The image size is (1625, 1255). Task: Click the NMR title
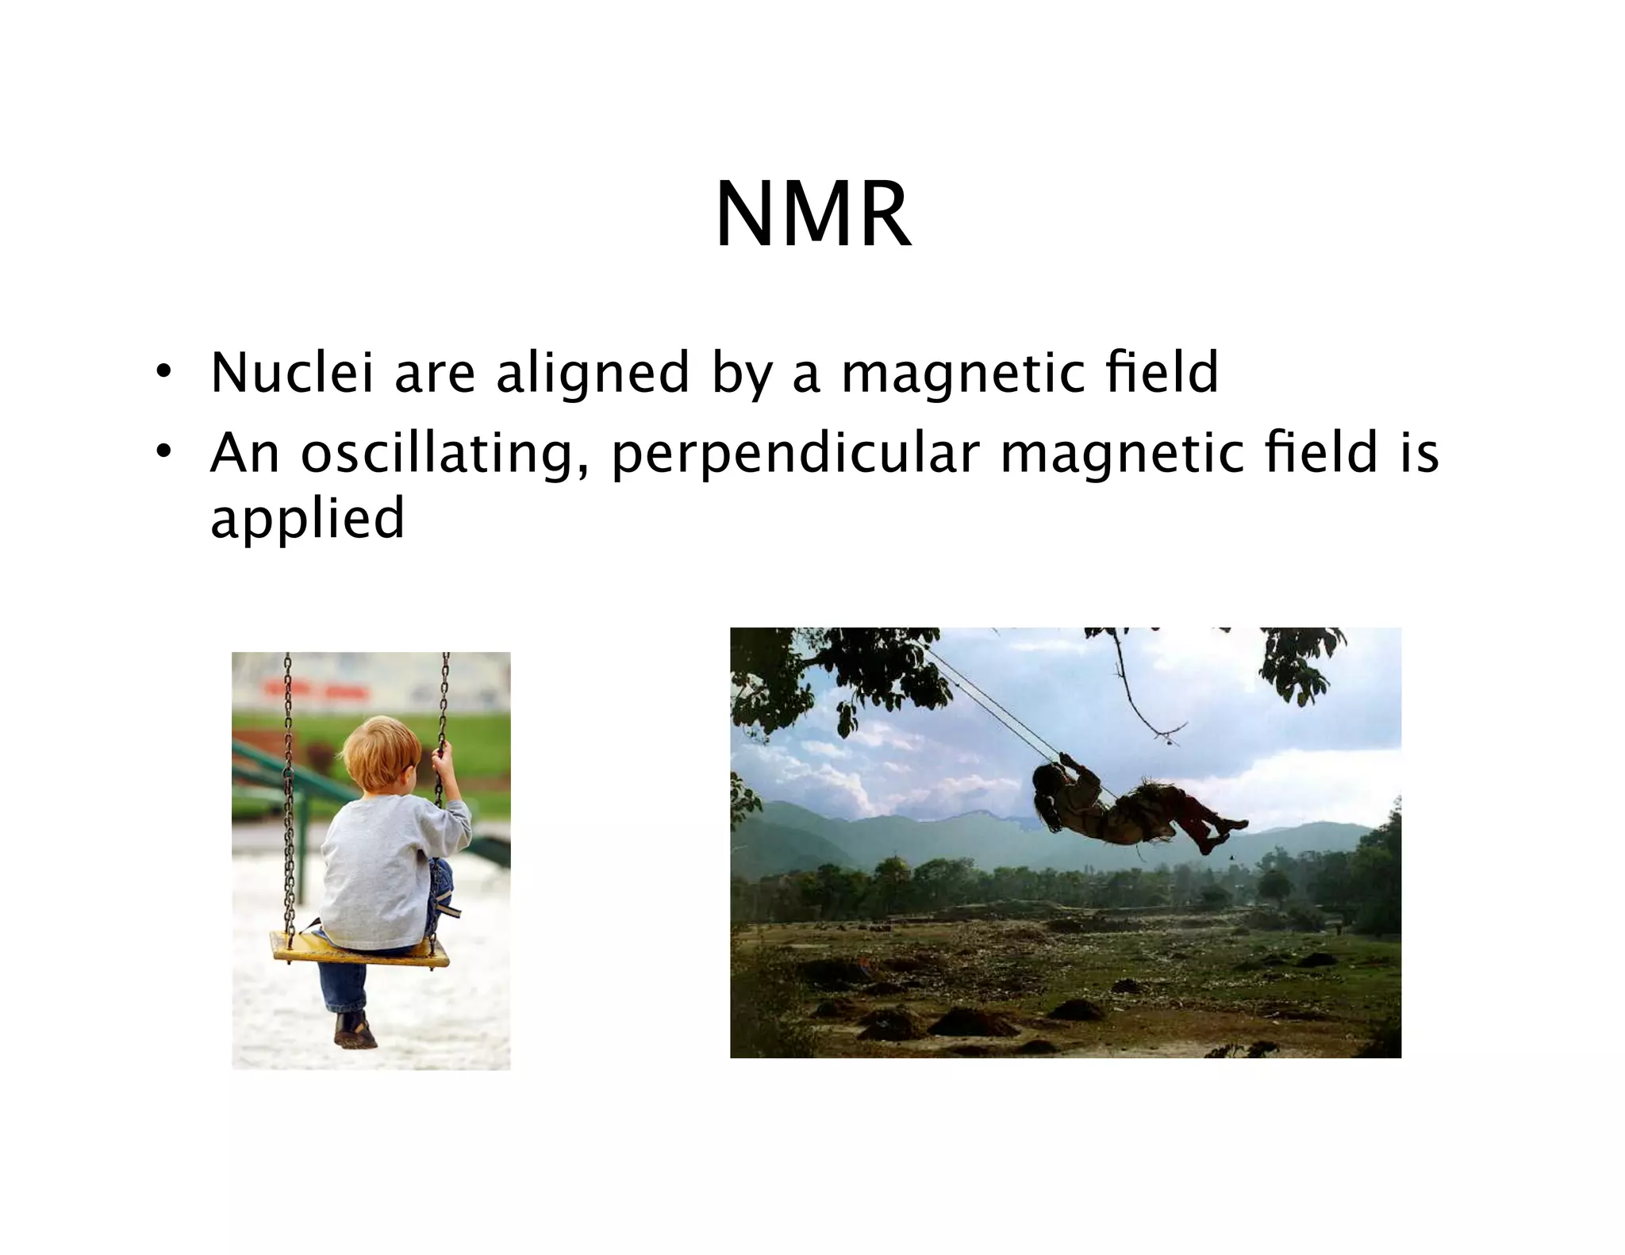point(812,216)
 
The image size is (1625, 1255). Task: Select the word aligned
point(593,374)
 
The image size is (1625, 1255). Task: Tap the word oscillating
point(437,454)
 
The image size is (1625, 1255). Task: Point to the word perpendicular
point(796,454)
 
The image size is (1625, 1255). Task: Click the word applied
point(307,519)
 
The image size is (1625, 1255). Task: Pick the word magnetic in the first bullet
point(962,374)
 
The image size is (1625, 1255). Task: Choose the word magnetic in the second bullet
point(1121,454)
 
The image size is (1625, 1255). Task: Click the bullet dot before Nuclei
point(163,373)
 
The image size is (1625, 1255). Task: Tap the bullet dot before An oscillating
point(163,453)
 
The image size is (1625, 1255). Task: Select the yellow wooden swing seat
point(359,950)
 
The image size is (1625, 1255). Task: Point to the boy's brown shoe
point(355,1031)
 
